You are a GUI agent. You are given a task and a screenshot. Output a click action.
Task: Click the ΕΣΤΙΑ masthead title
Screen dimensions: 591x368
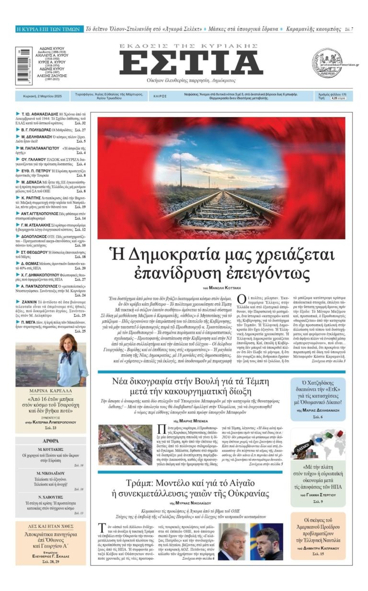coord(191,63)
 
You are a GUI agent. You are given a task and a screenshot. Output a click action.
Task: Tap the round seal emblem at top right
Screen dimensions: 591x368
coord(327,63)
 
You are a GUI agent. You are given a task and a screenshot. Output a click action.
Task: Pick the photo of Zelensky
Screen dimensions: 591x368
coord(267,541)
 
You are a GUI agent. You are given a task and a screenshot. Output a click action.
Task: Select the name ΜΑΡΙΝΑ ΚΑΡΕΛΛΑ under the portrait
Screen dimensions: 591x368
coord(51,390)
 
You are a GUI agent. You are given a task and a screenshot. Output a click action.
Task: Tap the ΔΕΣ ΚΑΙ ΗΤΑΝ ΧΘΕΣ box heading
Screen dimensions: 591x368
coord(51,525)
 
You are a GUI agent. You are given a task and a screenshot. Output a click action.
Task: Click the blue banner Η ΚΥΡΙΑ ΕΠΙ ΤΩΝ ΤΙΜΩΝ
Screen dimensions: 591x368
coord(48,29)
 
